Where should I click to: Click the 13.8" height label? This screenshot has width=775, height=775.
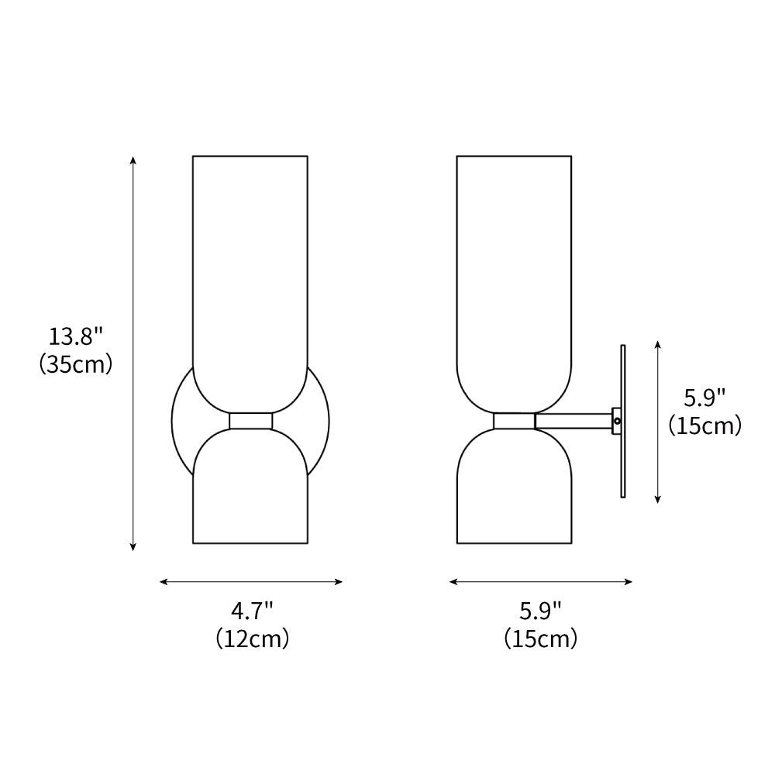[76, 337]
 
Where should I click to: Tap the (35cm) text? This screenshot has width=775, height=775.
[76, 363]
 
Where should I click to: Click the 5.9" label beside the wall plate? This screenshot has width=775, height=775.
[704, 398]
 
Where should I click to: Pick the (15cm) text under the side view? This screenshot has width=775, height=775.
[541, 639]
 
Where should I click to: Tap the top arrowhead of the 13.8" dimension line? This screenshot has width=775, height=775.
[133, 160]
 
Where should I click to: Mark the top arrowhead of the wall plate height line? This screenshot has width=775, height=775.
[658, 343]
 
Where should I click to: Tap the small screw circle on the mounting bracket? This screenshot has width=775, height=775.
[618, 421]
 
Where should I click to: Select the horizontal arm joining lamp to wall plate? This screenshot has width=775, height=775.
[573, 421]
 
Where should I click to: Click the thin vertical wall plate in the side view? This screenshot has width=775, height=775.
[622, 465]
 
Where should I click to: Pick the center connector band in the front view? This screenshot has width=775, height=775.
[250, 421]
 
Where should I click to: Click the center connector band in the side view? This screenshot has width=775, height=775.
[514, 421]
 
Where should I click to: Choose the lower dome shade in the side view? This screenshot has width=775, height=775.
[514, 488]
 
